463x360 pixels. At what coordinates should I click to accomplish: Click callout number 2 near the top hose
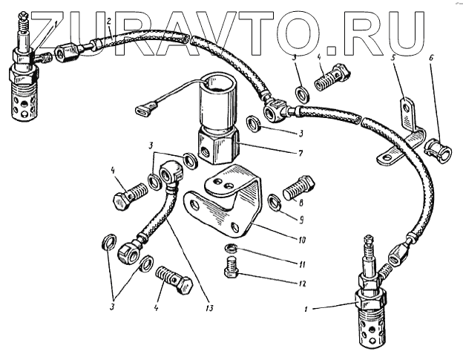coord(108,22)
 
